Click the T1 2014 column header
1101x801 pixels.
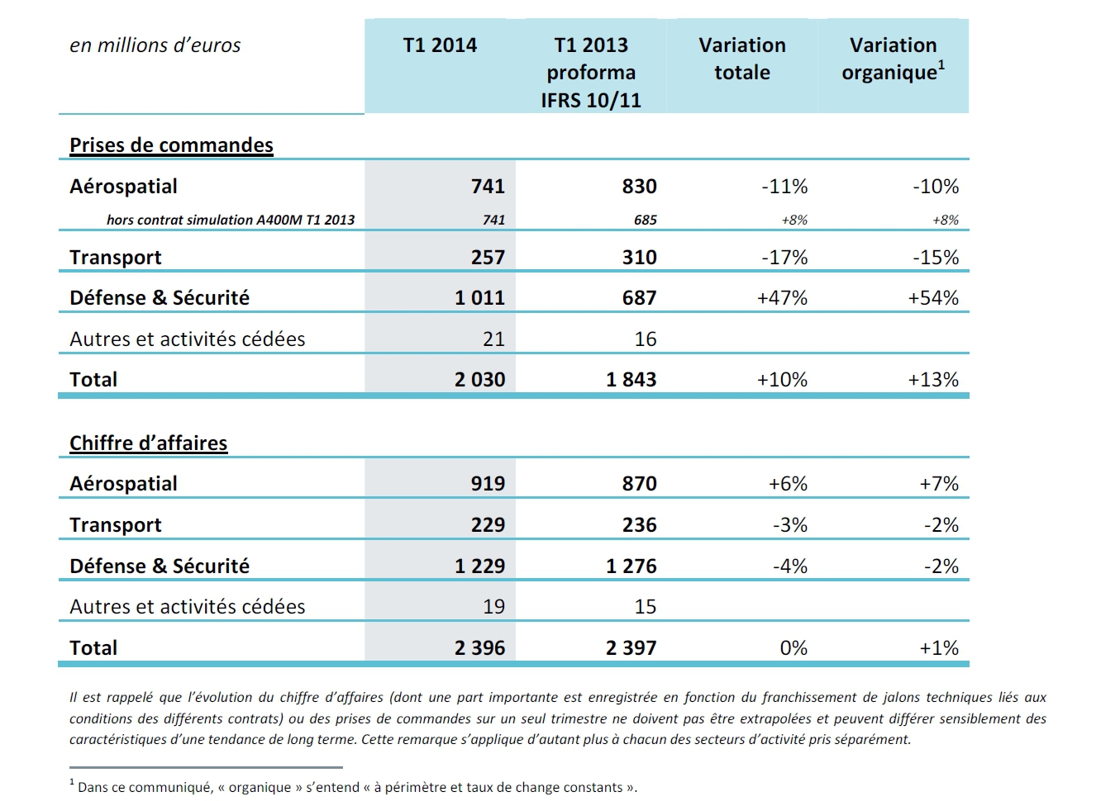(440, 45)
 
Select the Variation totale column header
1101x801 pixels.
(742, 59)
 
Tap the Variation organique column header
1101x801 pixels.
(893, 59)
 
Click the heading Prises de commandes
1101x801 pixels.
(171, 145)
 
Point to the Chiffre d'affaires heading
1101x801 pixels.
(148, 443)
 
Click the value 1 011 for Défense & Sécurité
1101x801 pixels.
(479, 298)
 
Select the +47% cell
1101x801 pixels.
(782, 298)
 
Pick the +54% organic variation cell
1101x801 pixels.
(933, 298)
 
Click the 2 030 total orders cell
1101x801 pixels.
(479, 380)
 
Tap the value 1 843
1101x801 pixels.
(631, 380)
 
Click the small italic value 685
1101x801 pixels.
(645, 220)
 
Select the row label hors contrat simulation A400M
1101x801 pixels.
(231, 220)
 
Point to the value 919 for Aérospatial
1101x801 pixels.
(488, 484)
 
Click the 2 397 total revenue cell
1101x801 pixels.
(631, 648)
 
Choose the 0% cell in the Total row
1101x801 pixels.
(794, 648)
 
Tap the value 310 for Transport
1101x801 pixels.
(639, 258)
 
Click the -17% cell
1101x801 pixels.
(784, 258)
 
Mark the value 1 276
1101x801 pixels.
(631, 566)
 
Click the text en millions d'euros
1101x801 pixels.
(155, 45)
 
